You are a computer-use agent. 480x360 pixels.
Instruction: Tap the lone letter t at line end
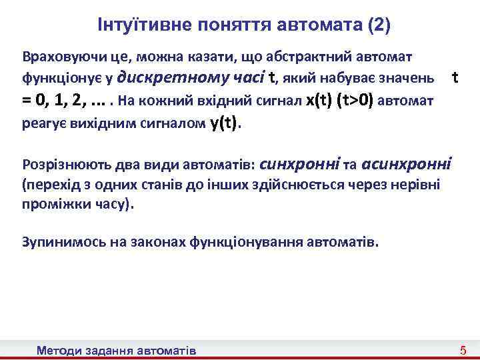(455, 77)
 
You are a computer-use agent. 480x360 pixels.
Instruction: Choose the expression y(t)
(223, 123)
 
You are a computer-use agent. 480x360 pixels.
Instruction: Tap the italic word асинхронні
(406, 163)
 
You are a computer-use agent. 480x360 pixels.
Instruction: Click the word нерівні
(417, 184)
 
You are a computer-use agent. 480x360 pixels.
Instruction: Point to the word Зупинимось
(59, 242)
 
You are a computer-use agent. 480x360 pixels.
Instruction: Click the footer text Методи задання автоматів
(117, 350)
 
